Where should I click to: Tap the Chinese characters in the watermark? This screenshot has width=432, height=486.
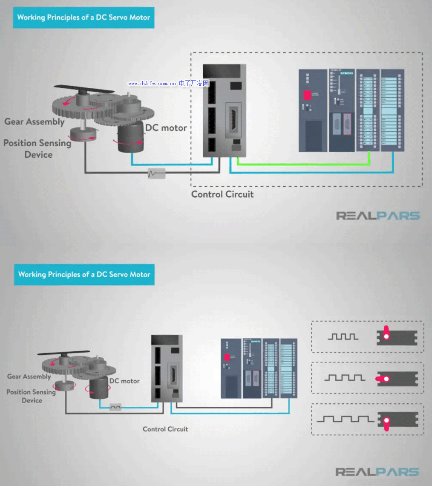pyautogui.click(x=194, y=83)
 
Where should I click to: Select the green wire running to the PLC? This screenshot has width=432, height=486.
pyautogui.click(x=302, y=164)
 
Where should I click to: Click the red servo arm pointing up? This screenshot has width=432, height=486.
pyautogui.click(x=386, y=333)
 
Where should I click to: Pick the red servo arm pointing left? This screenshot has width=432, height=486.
pyautogui.click(x=382, y=379)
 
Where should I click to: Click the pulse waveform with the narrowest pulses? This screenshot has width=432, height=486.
pyautogui.click(x=343, y=337)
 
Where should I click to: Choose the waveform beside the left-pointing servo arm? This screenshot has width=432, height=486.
pyautogui.click(x=345, y=378)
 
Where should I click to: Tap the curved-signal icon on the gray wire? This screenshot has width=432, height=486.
pyautogui.click(x=156, y=173)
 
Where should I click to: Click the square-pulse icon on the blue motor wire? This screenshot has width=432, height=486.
pyautogui.click(x=115, y=407)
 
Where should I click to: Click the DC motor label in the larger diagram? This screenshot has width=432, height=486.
pyautogui.click(x=166, y=127)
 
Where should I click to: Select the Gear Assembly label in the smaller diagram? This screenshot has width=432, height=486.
pyautogui.click(x=29, y=376)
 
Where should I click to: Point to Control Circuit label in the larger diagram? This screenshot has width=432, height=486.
pyautogui.click(x=222, y=194)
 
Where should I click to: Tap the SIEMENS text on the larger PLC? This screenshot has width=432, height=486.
pyautogui.click(x=347, y=74)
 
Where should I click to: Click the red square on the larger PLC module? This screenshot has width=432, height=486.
pyautogui.click(x=307, y=95)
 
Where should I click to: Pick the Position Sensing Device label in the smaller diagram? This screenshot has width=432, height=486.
pyautogui.click(x=31, y=396)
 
